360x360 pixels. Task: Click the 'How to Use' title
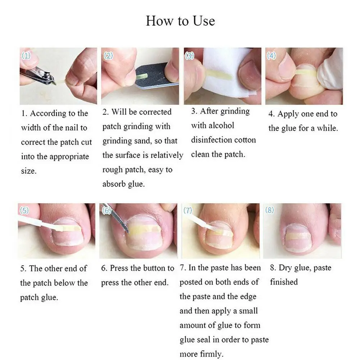click(180, 20)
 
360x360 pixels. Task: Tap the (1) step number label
click(26, 56)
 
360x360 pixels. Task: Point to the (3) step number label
click(190, 56)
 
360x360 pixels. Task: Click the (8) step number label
click(270, 210)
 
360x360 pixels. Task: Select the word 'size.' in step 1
click(29, 171)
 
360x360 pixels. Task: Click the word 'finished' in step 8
click(284, 282)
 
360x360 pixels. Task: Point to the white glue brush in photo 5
click(36, 223)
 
